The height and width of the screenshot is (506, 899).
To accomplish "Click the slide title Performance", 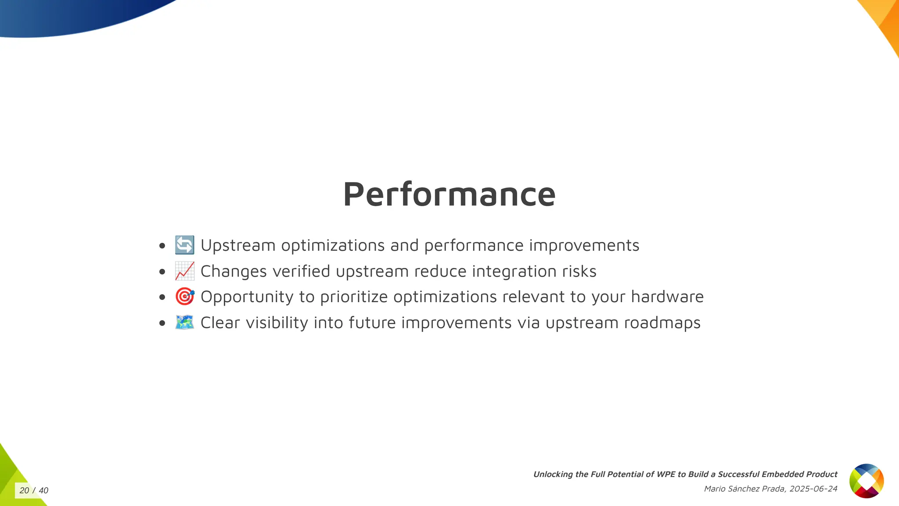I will [x=449, y=194].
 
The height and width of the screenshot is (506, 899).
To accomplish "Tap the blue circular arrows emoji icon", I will [x=184, y=245].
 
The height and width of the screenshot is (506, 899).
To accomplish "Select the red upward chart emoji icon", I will [x=184, y=271].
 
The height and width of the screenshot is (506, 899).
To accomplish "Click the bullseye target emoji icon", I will [x=184, y=297].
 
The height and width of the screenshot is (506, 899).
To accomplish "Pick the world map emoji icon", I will [x=184, y=322].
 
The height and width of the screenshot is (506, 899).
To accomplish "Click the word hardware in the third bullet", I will [x=667, y=297].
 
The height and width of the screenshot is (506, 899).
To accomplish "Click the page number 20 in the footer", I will [x=24, y=491].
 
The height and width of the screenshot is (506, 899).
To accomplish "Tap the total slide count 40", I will [x=43, y=491].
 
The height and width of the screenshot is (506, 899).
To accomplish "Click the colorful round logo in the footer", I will [x=866, y=481].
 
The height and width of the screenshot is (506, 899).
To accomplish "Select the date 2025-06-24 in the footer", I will [x=813, y=489].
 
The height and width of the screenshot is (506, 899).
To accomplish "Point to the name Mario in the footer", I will [x=715, y=489].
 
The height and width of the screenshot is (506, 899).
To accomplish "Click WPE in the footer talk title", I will [x=666, y=474].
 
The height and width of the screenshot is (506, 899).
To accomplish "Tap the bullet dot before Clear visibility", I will [x=162, y=323].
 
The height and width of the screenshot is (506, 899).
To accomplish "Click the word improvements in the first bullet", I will [x=584, y=246].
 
